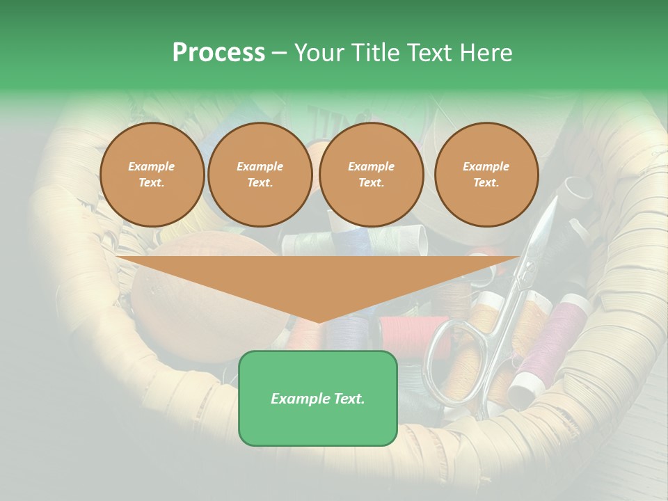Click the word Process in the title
point(218,53)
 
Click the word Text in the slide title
point(430,53)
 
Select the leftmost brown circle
point(152,175)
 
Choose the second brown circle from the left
point(260,175)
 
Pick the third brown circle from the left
point(371,175)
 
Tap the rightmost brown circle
point(486,175)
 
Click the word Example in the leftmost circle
point(152,166)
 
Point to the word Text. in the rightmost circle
point(486,183)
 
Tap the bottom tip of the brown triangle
point(319,322)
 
